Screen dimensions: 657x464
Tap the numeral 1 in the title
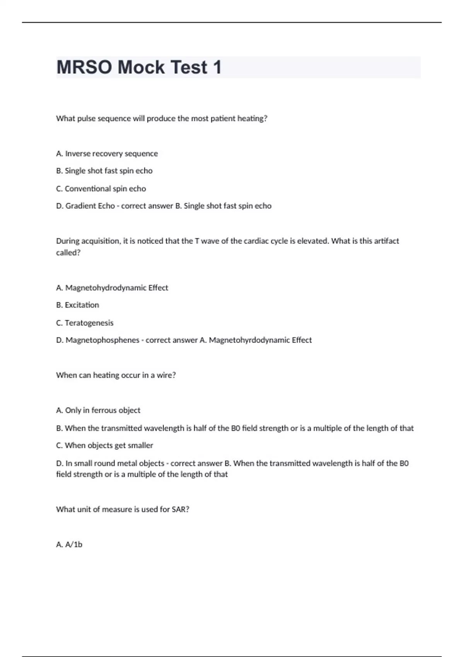tap(217, 67)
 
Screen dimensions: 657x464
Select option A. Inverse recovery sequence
tap(107, 154)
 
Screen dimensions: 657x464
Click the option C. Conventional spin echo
tap(101, 189)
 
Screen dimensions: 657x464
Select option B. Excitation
tap(77, 305)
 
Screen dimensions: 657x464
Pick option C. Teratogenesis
tap(85, 323)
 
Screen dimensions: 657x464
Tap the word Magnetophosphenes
tap(102, 340)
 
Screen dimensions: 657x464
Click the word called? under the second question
tap(68, 253)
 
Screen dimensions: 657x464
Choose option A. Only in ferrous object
tap(98, 410)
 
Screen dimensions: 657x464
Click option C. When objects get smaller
tap(104, 446)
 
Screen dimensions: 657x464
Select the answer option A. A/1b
tap(69, 545)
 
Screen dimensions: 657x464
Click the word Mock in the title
tap(141, 67)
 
